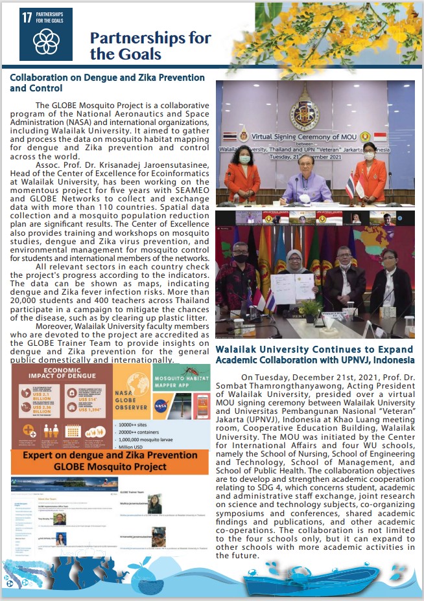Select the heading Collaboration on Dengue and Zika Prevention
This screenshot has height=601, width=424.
click(x=108, y=78)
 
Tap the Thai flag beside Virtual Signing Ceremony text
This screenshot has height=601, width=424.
click(x=228, y=137)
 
